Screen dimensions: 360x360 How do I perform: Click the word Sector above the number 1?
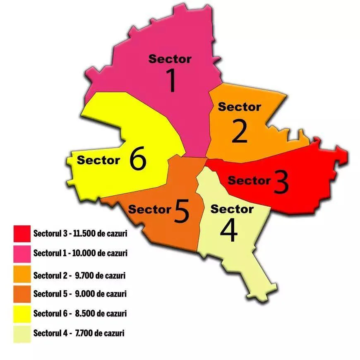[170, 59]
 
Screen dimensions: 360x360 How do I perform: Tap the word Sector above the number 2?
[240, 107]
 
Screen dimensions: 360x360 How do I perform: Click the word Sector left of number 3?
[249, 180]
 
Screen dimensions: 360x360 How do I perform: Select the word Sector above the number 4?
[232, 209]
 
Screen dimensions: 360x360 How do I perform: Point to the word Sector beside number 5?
[149, 209]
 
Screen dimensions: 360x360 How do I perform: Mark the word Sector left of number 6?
[98, 160]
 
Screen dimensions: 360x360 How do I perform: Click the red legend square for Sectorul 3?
[22, 233]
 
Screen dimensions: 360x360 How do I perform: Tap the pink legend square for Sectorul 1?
[22, 253]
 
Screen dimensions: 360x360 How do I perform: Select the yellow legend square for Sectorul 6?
[22, 313]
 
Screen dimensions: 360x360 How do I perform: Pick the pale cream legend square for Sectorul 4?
[22, 334]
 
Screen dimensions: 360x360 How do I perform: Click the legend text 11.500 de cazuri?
[99, 233]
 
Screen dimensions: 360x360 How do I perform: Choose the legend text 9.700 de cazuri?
[101, 275]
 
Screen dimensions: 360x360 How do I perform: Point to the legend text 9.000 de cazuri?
[101, 294]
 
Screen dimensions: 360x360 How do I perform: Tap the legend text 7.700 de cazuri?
[100, 333]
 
